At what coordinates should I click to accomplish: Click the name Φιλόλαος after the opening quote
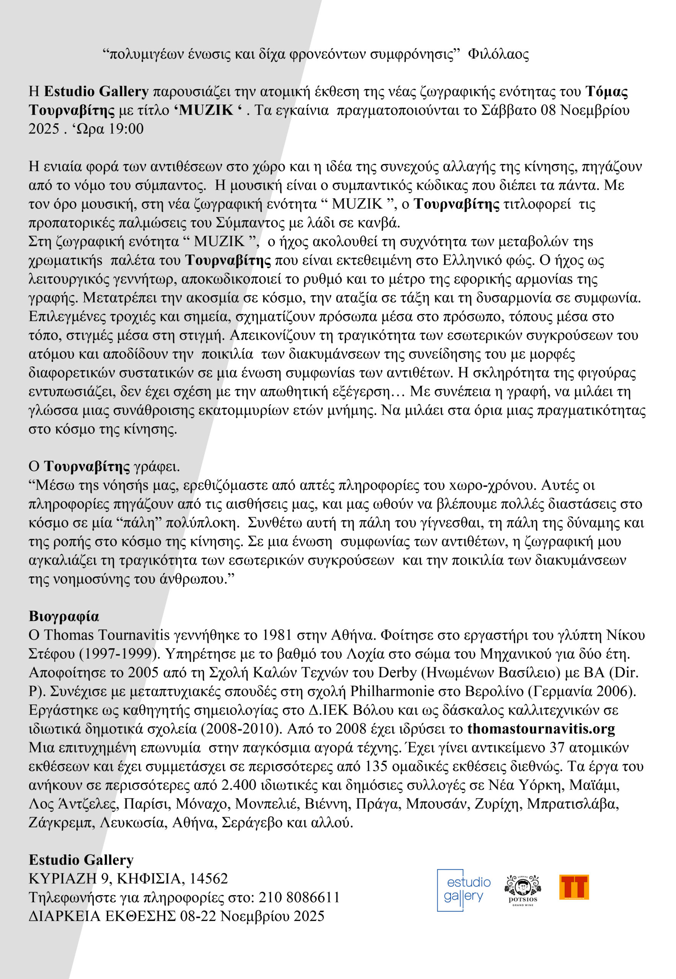[x=498, y=54]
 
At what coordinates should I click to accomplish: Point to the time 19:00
[x=126, y=129]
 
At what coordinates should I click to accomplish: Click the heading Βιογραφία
[x=64, y=616]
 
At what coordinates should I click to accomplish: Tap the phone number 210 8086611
[x=299, y=897]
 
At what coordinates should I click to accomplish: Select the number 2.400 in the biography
[x=239, y=785]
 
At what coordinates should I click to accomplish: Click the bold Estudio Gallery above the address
[x=81, y=860]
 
